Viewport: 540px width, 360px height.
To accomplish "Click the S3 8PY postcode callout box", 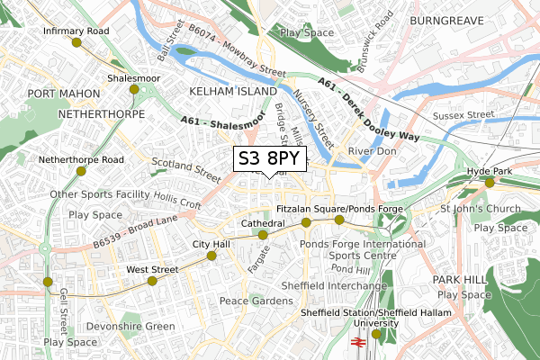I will click(x=271, y=159).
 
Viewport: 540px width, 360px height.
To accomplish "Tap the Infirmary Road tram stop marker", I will click(x=76, y=42).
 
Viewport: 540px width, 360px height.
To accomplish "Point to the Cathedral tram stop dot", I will click(x=263, y=235).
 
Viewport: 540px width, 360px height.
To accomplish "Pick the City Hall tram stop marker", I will click(x=211, y=256).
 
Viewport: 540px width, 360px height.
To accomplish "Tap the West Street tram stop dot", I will click(x=151, y=281).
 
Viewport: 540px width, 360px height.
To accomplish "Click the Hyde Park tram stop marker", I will click(x=490, y=183).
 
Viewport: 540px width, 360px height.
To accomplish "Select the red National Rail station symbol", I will click(x=356, y=343).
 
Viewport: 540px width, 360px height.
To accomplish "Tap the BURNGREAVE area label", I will click(x=447, y=19).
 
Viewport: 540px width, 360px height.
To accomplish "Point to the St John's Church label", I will click(x=481, y=210).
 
